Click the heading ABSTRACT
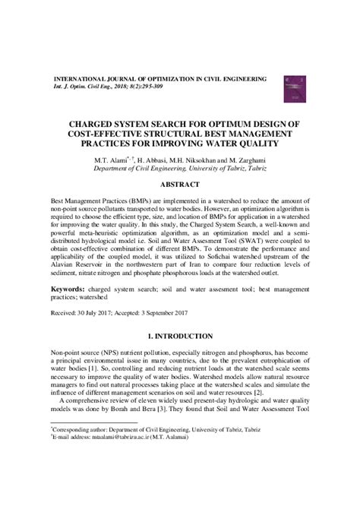(x=179, y=183)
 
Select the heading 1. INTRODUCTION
(x=179, y=335)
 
